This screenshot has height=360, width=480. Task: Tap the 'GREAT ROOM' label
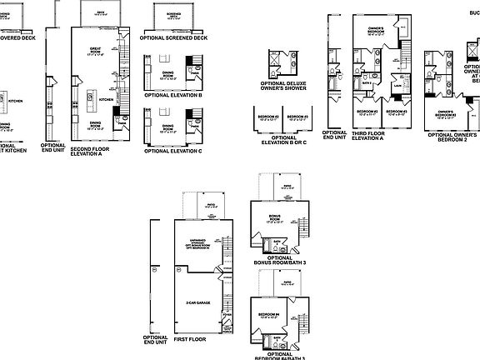click(96, 52)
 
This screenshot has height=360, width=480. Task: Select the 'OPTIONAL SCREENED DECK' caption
click(172, 37)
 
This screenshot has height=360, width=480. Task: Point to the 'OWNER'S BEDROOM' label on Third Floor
click(377, 32)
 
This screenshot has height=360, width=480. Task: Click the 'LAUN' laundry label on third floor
click(398, 84)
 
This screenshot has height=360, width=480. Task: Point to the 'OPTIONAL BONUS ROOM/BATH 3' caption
click(279, 261)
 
